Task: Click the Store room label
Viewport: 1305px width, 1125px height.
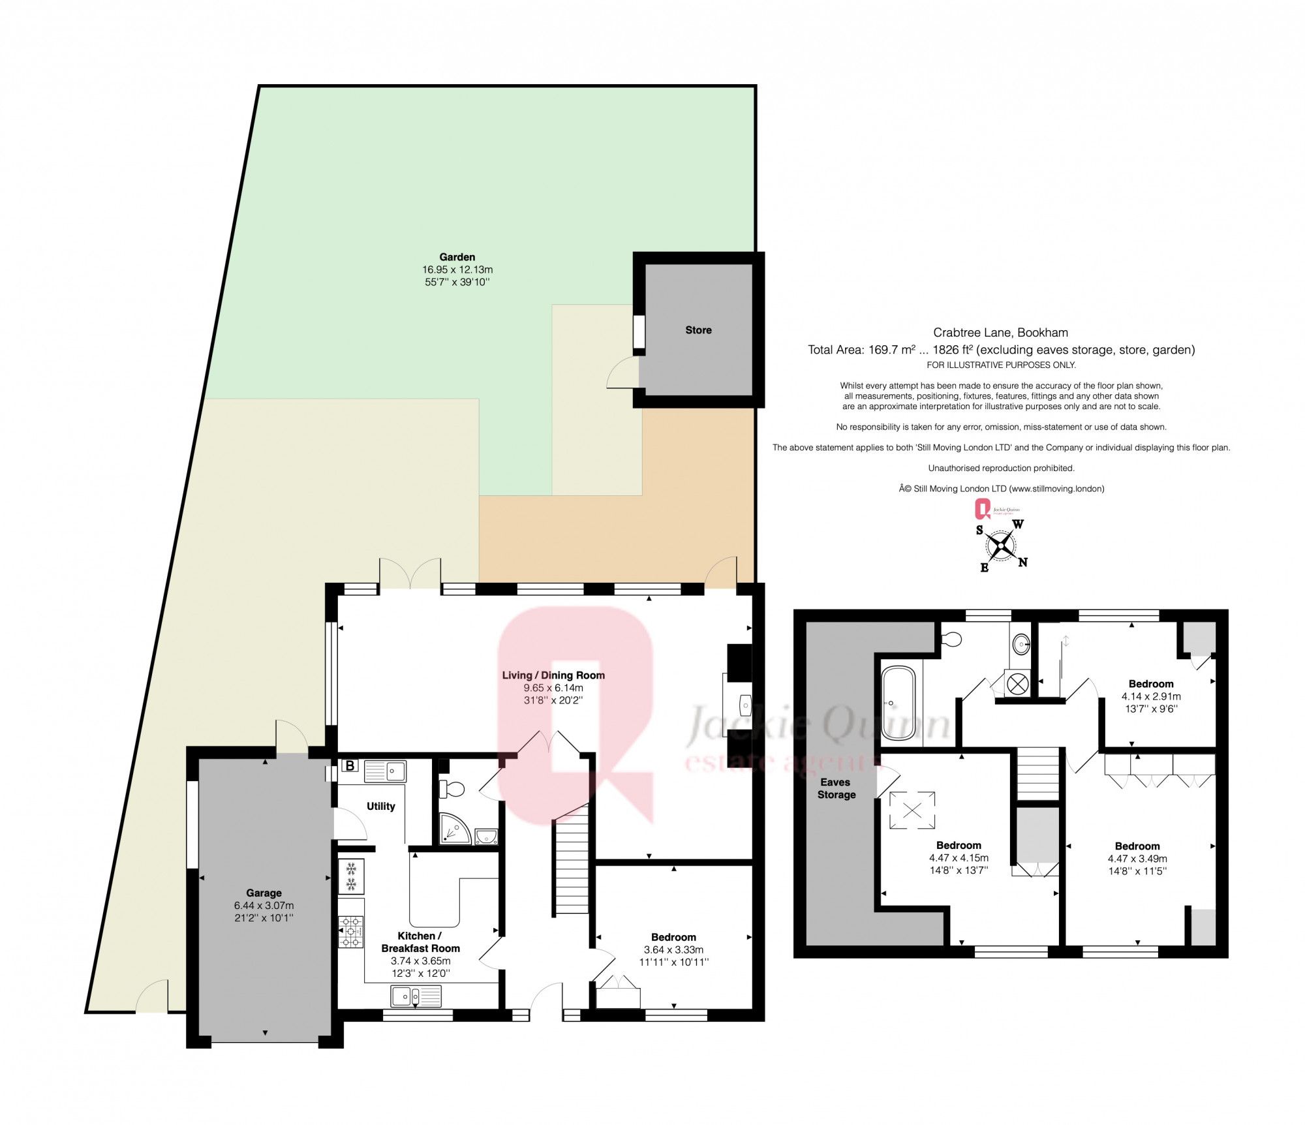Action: click(698, 330)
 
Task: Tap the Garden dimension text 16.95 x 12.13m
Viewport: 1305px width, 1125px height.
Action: click(457, 270)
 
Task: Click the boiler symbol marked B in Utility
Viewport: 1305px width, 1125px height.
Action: click(350, 765)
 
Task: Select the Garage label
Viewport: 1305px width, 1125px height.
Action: click(264, 893)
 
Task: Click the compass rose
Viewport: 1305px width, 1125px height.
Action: click(1000, 546)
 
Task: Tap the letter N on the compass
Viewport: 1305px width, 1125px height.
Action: click(1022, 562)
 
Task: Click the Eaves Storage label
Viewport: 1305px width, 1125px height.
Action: click(836, 788)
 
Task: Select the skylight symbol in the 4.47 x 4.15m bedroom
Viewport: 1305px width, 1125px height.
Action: click(912, 810)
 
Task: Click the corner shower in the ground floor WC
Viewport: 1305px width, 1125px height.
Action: click(454, 828)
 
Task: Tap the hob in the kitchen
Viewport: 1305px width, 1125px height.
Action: click(351, 931)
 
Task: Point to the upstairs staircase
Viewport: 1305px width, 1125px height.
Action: click(1037, 773)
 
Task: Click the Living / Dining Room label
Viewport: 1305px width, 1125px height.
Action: click(553, 675)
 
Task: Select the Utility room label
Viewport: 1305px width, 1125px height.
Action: click(380, 806)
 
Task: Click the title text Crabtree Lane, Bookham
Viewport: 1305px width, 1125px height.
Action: click(1000, 332)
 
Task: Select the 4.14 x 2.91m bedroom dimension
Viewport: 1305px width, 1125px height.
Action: click(1150, 696)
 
